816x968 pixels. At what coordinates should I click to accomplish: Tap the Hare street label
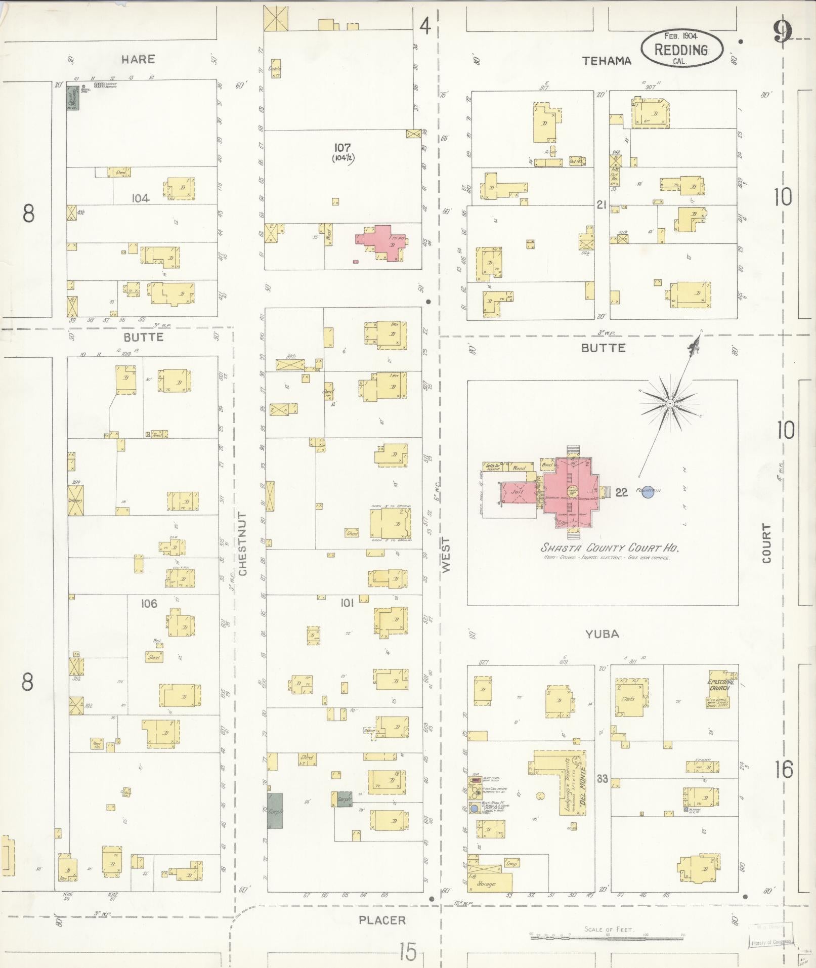coord(138,59)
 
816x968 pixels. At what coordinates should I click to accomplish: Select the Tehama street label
coord(607,61)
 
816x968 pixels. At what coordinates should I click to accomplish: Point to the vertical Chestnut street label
coord(243,543)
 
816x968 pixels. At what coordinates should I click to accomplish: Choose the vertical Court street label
coord(767,543)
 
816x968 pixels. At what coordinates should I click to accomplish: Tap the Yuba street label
coord(602,634)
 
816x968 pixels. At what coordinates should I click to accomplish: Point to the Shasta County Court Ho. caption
coord(610,548)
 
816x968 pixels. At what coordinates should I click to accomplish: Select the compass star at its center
coord(669,403)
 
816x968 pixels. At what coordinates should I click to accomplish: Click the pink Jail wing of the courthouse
coord(517,492)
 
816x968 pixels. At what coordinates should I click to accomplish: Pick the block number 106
coord(149,603)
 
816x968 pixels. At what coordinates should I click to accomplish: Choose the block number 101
coord(347,603)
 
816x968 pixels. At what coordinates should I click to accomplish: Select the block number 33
coord(602,779)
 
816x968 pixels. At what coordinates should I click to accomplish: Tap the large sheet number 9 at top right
coord(782,33)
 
